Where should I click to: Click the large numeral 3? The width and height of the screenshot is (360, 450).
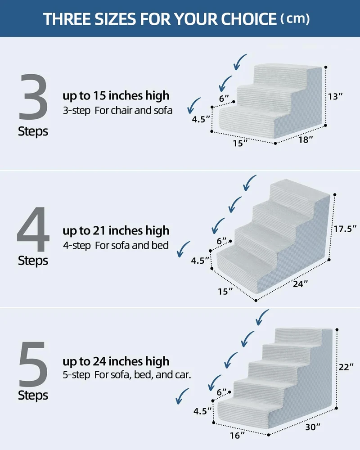33,97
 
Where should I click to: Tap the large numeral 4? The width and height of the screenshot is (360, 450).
33,229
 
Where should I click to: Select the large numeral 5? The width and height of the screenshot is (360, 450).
33,364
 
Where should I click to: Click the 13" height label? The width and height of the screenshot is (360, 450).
336,96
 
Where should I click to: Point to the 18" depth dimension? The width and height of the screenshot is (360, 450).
306,139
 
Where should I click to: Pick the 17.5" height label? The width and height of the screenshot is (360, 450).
345,229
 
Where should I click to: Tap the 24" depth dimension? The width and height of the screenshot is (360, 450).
300,284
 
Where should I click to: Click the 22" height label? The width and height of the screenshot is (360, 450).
346,367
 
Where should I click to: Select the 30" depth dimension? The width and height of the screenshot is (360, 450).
313,427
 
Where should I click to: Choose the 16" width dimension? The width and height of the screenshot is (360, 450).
237,435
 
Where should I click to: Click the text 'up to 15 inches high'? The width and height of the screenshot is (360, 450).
116,96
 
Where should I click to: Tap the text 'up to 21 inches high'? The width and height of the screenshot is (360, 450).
116,231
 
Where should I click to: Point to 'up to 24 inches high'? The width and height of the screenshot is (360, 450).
116,361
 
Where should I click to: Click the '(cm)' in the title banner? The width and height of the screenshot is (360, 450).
295,18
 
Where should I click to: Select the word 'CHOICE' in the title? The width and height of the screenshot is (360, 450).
248,19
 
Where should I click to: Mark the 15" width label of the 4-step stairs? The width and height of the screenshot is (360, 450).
225,292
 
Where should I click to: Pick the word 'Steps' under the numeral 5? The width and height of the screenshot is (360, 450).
33,396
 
